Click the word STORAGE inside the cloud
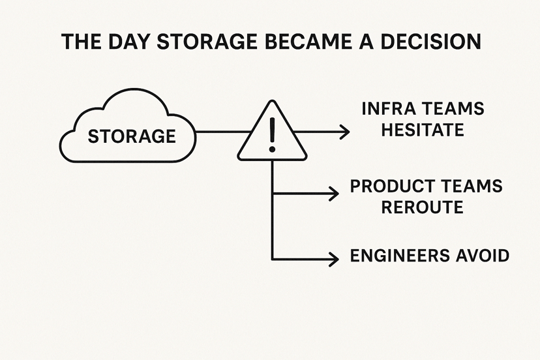pos(132,136)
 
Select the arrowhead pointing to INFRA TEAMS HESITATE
pos(344,132)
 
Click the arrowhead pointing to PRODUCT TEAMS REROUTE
pos(333,193)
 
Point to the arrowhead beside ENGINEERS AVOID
pos(333,258)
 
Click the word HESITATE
pos(423,130)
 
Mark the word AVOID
pos(485,256)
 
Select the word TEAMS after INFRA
pos(454,108)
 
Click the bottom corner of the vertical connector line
pos(272,258)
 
